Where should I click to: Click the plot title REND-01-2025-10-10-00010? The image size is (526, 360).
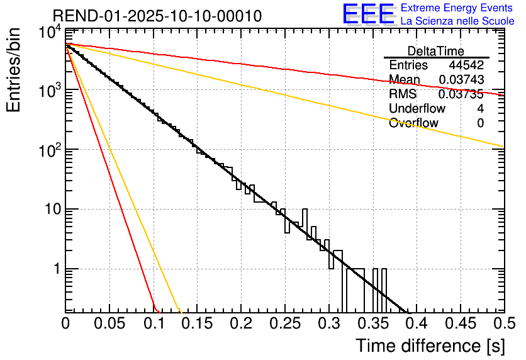pos(157,16)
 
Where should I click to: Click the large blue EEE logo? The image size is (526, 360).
pos(369,14)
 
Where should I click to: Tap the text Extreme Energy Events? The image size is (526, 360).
pos(457,8)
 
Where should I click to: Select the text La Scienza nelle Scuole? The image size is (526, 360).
pos(457,21)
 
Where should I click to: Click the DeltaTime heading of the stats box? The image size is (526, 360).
pos(435,51)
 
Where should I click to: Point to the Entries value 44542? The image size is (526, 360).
pos(466,65)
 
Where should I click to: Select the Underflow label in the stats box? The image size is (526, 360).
pos(417,108)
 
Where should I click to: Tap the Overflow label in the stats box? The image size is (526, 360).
pos(413,123)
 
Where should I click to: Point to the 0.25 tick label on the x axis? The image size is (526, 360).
pos(284,324)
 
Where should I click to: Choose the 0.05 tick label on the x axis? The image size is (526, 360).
pos(109,324)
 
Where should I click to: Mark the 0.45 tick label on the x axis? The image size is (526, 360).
pos(460,324)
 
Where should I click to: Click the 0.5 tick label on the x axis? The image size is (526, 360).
pos(503,324)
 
